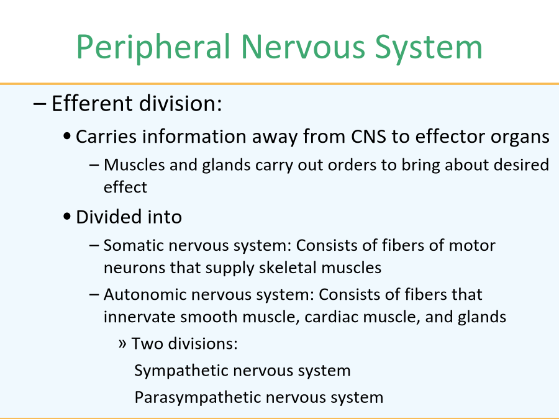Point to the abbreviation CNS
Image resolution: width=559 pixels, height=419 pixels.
pyautogui.click(x=368, y=137)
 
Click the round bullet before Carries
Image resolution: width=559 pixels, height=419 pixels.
pyautogui.click(x=66, y=137)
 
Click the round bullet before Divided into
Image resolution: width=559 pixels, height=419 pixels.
pyautogui.click(x=66, y=217)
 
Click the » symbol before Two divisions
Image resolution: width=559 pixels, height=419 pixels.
pyautogui.click(x=122, y=344)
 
